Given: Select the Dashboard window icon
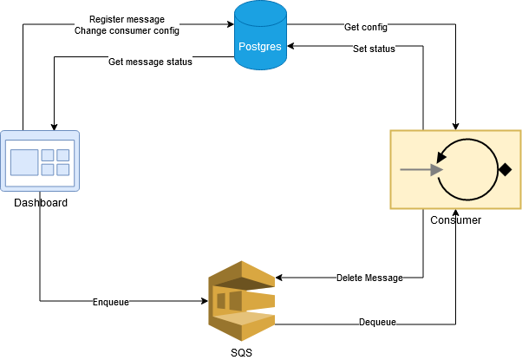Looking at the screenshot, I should point(40,160).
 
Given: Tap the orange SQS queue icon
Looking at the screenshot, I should point(241,301).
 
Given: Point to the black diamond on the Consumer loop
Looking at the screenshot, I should point(504,170).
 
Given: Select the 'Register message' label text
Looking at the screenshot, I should point(127,19).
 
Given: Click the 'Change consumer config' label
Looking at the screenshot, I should point(127,31).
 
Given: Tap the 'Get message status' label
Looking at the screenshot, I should point(150,62).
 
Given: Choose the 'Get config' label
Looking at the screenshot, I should point(366,28).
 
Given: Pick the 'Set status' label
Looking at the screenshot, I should point(374,49).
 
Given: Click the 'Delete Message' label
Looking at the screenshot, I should point(369,278).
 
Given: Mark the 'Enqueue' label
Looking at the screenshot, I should point(111,302).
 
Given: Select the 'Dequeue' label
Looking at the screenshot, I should point(378,322).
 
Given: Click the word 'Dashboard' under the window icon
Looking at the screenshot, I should point(40,203).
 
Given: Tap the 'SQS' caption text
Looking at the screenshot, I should point(241,351).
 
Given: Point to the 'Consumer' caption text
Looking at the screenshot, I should point(455,220).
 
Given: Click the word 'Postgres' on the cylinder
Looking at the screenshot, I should point(260,46).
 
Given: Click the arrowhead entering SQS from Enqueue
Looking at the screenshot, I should point(204,302).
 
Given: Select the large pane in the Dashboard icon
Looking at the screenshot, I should point(24,161).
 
